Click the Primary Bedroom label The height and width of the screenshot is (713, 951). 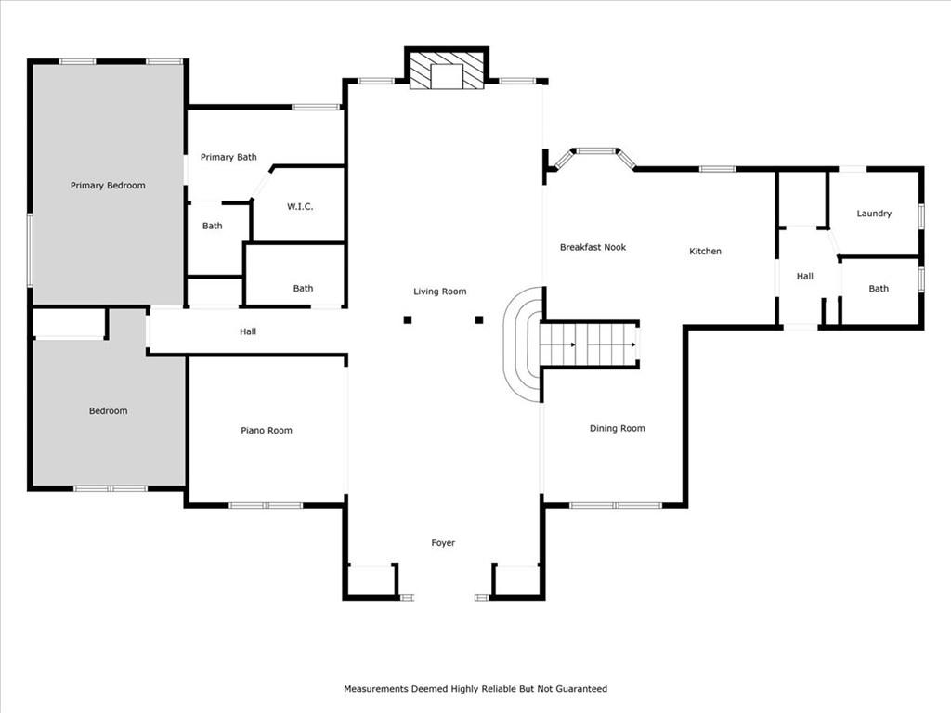(108, 186)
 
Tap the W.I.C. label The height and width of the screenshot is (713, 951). (300, 207)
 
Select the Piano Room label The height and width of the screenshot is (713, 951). (267, 431)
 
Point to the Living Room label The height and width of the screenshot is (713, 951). (439, 292)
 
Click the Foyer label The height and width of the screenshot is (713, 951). (443, 543)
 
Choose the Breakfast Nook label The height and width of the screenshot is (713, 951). (593, 247)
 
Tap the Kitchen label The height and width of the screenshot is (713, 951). (706, 251)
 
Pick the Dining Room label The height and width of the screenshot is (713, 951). (618, 429)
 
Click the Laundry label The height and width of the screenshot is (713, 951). (874, 214)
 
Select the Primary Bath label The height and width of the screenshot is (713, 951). (228, 157)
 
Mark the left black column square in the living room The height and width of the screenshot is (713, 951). (408, 319)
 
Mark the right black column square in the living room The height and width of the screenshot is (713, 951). (479, 319)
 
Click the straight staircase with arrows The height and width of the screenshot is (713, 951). (588, 344)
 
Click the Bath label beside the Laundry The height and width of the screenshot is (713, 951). (879, 289)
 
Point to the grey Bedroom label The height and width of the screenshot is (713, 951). (108, 411)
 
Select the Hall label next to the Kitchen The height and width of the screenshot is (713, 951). (805, 277)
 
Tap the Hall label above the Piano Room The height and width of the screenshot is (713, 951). (247, 331)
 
